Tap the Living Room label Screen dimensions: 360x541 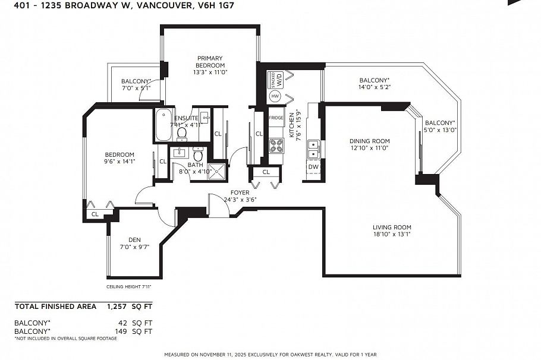(x=392, y=228)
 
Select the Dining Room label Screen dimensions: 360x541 (x=369, y=141)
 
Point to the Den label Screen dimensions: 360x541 (x=134, y=240)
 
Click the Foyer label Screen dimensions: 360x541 (x=240, y=193)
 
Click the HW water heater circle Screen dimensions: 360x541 (x=275, y=96)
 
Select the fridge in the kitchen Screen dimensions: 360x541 (x=276, y=118)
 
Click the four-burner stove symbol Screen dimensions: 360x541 (x=276, y=145)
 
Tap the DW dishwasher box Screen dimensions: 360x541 (x=313, y=167)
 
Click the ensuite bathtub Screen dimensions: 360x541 (x=163, y=125)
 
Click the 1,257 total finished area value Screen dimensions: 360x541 (x=117, y=307)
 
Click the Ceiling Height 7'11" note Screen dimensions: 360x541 (x=129, y=286)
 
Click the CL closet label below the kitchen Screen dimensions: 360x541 (x=266, y=172)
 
